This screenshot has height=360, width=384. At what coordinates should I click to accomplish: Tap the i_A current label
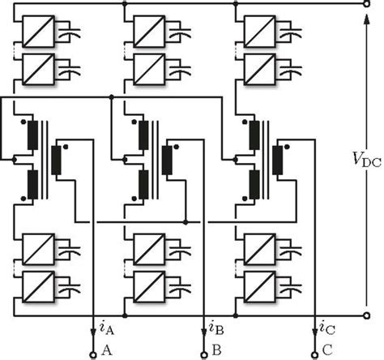click(104, 329)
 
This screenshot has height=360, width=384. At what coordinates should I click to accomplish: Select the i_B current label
click(214, 329)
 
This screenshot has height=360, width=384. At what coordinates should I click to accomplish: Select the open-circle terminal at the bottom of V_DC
click(366, 315)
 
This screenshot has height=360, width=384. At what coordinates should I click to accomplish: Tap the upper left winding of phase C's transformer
click(254, 132)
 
